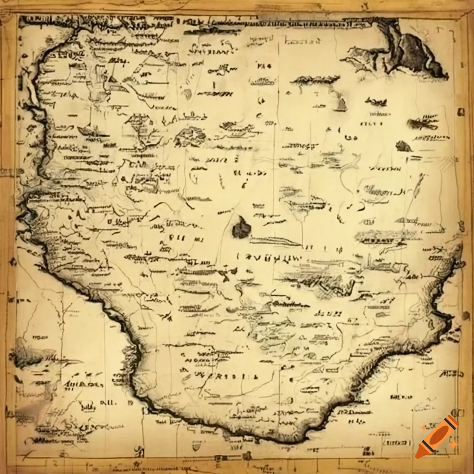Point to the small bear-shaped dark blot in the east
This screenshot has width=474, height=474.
point(403,147)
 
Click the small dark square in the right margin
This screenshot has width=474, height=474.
point(461,112)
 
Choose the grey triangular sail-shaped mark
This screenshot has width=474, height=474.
point(341,104)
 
